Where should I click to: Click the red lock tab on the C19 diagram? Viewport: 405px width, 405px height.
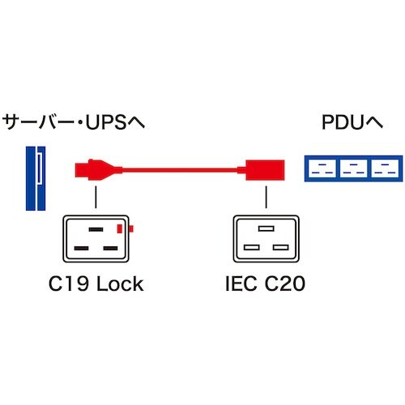tap(121, 229)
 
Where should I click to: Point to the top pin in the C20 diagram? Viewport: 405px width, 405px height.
tap(265, 230)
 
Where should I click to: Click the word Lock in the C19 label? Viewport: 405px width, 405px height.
tap(118, 283)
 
